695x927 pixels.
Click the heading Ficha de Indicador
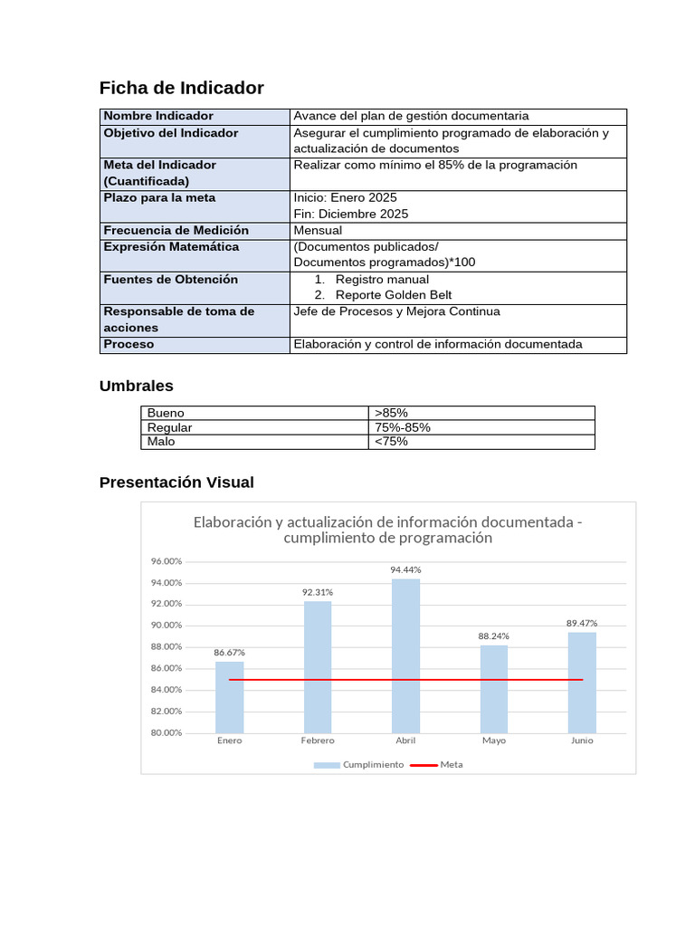pyautogui.click(x=181, y=88)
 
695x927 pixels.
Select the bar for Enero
pyautogui.click(x=229, y=697)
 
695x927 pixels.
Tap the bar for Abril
pyautogui.click(x=405, y=655)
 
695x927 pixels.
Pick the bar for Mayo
pyautogui.click(x=493, y=689)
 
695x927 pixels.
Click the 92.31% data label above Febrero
pyautogui.click(x=318, y=592)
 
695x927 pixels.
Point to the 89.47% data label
pyautogui.click(x=582, y=623)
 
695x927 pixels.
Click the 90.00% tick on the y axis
pyautogui.click(x=167, y=626)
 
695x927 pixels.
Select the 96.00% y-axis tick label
pyautogui.click(x=167, y=561)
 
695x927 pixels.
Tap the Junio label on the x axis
pyautogui.click(x=582, y=741)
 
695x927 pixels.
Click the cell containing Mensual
pyautogui.click(x=318, y=231)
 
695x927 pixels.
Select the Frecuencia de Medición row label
pyautogui.click(x=176, y=231)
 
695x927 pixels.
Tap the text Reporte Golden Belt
pyautogui.click(x=393, y=295)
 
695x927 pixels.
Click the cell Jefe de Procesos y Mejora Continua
pyautogui.click(x=396, y=311)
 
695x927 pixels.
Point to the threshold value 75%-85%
pyautogui.click(x=402, y=427)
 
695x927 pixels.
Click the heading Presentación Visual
pyautogui.click(x=176, y=483)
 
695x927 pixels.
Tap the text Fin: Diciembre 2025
pyautogui.click(x=351, y=215)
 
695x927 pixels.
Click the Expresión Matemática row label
pyautogui.click(x=171, y=247)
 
